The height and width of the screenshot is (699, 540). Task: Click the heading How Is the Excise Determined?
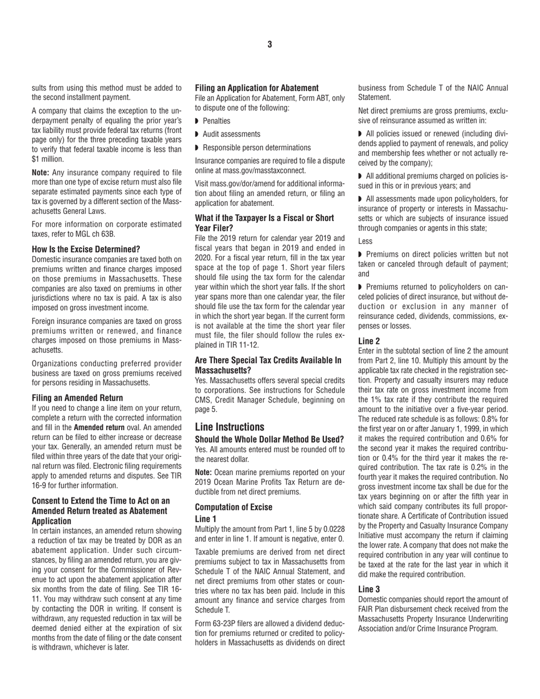86,249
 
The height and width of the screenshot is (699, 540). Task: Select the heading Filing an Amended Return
77,398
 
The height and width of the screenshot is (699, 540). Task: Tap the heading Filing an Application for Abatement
256,88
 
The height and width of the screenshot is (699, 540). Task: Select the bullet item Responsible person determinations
256,147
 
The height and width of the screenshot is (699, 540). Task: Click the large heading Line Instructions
230,427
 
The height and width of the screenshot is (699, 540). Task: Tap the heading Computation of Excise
234,507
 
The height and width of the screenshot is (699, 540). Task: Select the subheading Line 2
369,341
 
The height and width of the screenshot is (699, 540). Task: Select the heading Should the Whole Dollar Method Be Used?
269,439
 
